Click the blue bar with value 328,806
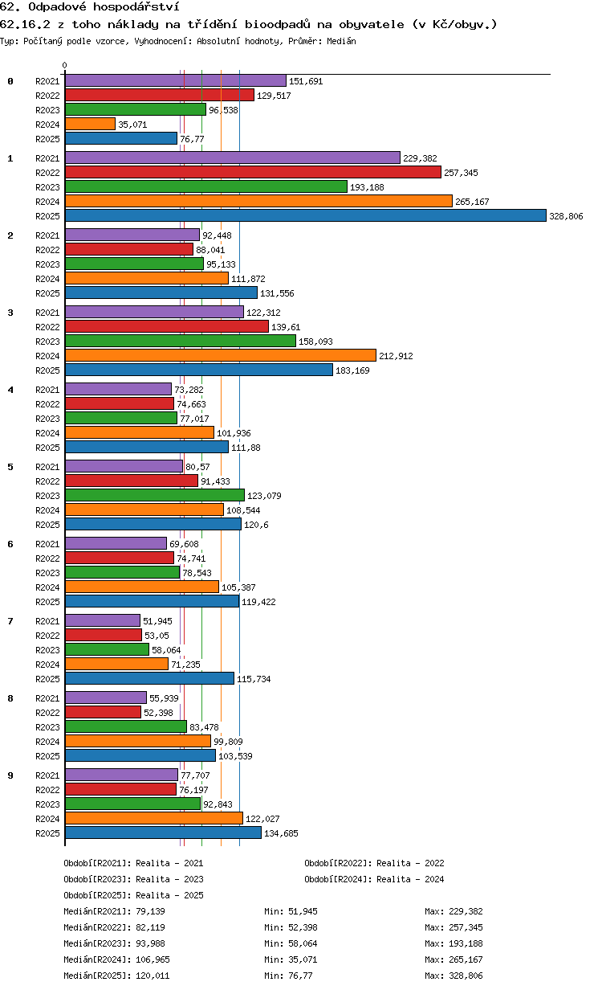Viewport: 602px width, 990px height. (x=305, y=215)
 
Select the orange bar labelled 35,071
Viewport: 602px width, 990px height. (x=90, y=125)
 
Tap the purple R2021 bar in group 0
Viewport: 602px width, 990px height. (x=176, y=81)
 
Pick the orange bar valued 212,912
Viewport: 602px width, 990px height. (x=221, y=355)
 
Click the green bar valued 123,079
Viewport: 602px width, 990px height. (x=155, y=496)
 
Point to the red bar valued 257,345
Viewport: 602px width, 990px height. (x=254, y=172)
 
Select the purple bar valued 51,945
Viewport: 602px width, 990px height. (x=103, y=620)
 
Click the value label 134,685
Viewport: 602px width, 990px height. (x=281, y=833)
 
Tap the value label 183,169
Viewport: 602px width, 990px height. (x=352, y=370)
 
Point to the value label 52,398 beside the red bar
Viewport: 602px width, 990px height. (x=158, y=713)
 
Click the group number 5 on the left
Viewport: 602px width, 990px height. (x=10, y=467)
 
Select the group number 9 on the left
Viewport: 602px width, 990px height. (x=10, y=775)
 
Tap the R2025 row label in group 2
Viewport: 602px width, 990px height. (x=47, y=293)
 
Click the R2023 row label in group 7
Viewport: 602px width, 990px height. (x=47, y=650)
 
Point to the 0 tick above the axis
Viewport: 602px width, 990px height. (x=65, y=65)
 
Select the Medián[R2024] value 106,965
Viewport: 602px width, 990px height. (x=153, y=959)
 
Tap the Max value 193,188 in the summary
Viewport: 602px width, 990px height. (x=466, y=943)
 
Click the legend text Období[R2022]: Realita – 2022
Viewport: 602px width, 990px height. (x=374, y=863)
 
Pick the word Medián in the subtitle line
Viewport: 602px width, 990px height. (x=342, y=41)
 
